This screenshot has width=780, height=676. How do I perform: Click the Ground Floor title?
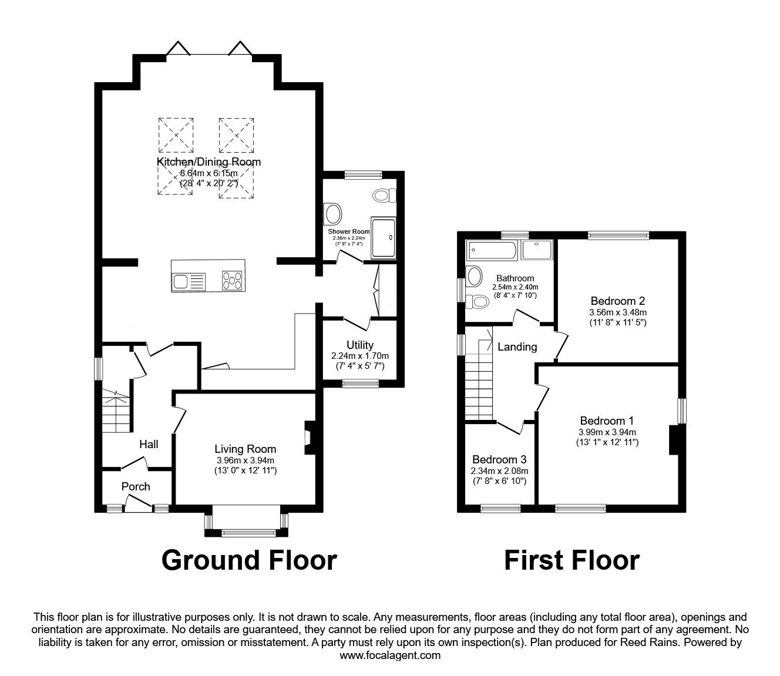point(249,560)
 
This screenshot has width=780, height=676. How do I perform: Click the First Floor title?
point(571,560)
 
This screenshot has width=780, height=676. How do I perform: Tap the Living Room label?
point(245,449)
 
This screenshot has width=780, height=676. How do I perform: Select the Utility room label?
point(359,345)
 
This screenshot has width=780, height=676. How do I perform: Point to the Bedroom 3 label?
point(499,459)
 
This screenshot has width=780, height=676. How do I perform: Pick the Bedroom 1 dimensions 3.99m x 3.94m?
point(607,432)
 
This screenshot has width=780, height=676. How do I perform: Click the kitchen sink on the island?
point(188,281)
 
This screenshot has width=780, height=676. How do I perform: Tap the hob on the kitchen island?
point(233,281)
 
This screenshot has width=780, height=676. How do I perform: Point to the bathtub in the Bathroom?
point(493,251)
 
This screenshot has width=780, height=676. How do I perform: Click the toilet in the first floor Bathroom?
point(478,302)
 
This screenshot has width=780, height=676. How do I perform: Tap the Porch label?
point(136,486)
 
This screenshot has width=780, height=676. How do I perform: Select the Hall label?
point(149,445)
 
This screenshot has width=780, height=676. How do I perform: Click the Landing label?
point(517,347)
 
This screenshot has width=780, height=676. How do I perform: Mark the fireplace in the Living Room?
point(308,439)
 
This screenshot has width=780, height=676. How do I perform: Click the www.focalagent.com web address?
point(390,655)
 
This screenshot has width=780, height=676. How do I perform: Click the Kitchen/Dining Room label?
point(209,162)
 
